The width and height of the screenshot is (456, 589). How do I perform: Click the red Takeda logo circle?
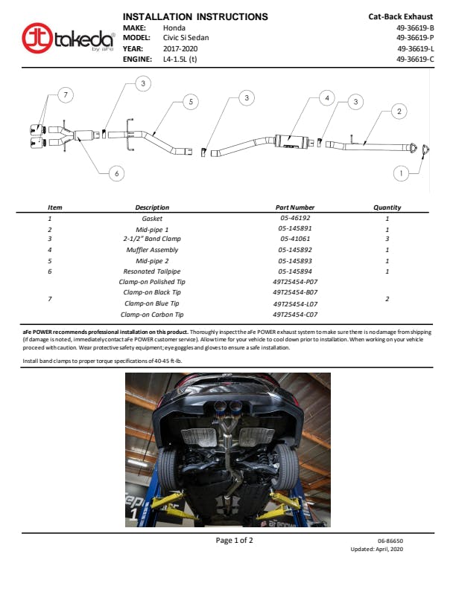pos(37,39)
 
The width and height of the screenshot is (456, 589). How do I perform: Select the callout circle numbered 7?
pos(66,94)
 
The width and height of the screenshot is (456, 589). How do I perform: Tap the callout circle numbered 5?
pos(191,102)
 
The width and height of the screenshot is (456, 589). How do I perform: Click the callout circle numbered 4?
pos(327,98)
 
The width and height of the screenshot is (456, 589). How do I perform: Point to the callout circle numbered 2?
pos(399,112)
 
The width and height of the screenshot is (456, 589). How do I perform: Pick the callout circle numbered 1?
pos(401,173)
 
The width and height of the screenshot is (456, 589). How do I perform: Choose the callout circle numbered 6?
pos(117,173)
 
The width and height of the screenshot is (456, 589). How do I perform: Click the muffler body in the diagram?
pos(291,141)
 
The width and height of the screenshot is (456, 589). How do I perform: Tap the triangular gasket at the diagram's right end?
pos(425,149)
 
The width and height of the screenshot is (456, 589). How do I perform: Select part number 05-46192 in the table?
pos(295,218)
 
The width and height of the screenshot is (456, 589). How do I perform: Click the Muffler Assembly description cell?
pos(152,250)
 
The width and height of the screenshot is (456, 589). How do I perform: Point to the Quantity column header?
pos(387,207)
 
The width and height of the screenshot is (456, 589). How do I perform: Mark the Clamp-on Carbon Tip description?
pos(152,315)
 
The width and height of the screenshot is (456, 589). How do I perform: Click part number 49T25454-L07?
pos(295,304)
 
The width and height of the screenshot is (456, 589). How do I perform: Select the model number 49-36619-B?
pos(415,28)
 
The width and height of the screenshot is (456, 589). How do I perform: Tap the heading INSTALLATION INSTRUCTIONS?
pos(195,17)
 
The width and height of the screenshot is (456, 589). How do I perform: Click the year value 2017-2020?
pos(180,49)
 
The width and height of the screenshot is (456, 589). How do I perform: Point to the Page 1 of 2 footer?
pos(234,540)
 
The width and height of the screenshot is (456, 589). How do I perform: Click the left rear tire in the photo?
pos(167,469)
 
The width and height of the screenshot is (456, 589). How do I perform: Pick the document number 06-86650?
pos(390,541)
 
